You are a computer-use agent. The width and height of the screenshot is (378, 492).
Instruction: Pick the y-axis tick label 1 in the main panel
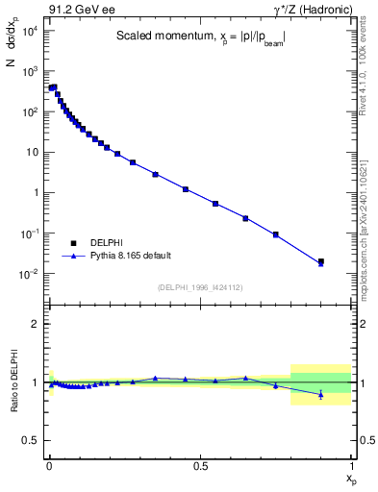[x=36, y=193]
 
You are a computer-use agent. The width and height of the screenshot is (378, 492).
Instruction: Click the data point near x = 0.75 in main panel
[x=276, y=234]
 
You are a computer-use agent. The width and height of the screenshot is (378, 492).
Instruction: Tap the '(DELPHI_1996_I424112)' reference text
[x=199, y=285]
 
